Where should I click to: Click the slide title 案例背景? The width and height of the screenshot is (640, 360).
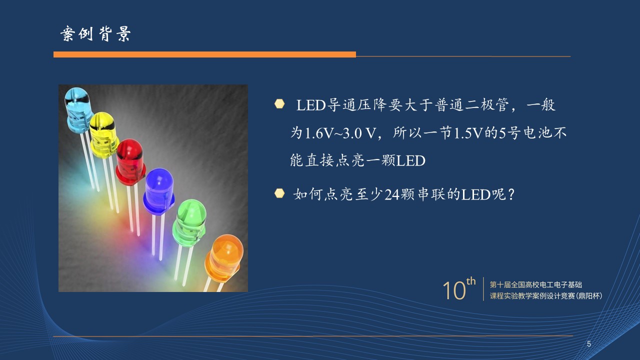click(x=95, y=33)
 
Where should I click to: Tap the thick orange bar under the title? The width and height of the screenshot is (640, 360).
click(x=204, y=54)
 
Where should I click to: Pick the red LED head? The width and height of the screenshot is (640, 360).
click(x=130, y=161)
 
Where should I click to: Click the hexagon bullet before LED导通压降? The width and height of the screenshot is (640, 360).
click(x=279, y=104)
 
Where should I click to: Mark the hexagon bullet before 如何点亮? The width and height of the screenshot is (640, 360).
click(x=279, y=193)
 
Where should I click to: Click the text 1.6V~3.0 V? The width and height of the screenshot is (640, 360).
click(x=340, y=133)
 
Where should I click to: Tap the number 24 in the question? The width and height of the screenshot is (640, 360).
click(x=392, y=195)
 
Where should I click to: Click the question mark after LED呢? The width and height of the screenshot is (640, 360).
click(x=511, y=194)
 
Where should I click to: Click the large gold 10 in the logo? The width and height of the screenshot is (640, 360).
click(x=454, y=290)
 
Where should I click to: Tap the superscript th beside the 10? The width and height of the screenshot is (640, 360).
click(x=471, y=281)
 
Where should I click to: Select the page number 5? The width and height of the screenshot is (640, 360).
click(x=589, y=344)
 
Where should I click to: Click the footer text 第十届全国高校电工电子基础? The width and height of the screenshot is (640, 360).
click(x=536, y=285)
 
